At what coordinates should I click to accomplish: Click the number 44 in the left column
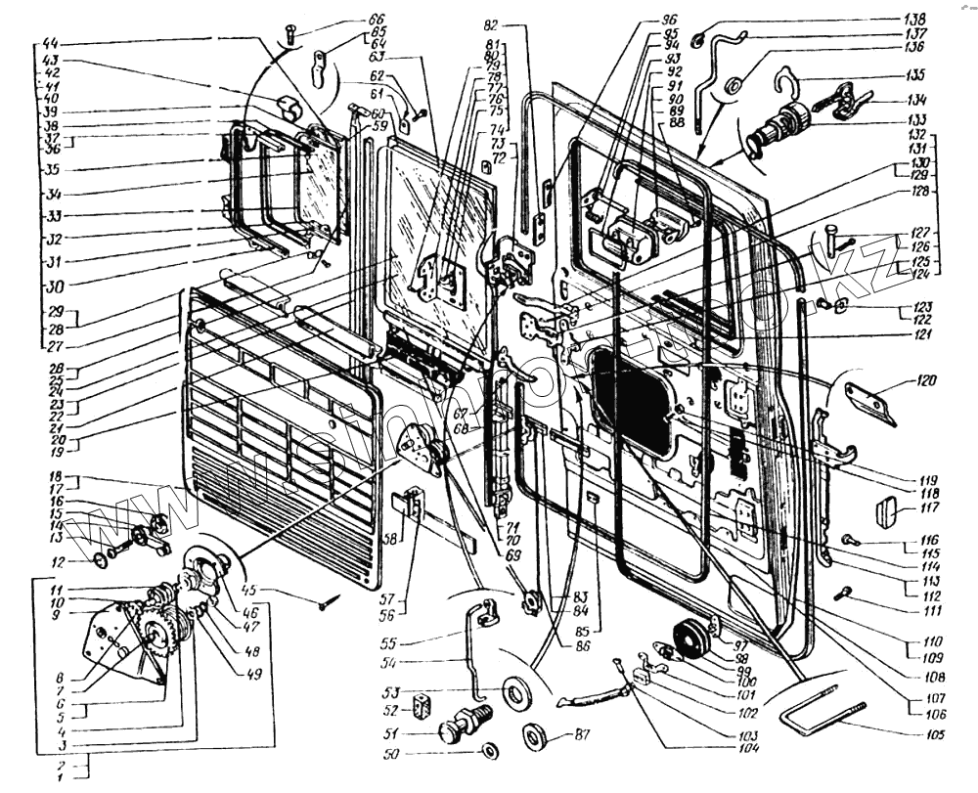click(x=51, y=45)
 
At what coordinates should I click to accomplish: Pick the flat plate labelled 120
click(x=869, y=400)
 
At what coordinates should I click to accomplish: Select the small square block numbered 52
click(x=422, y=705)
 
